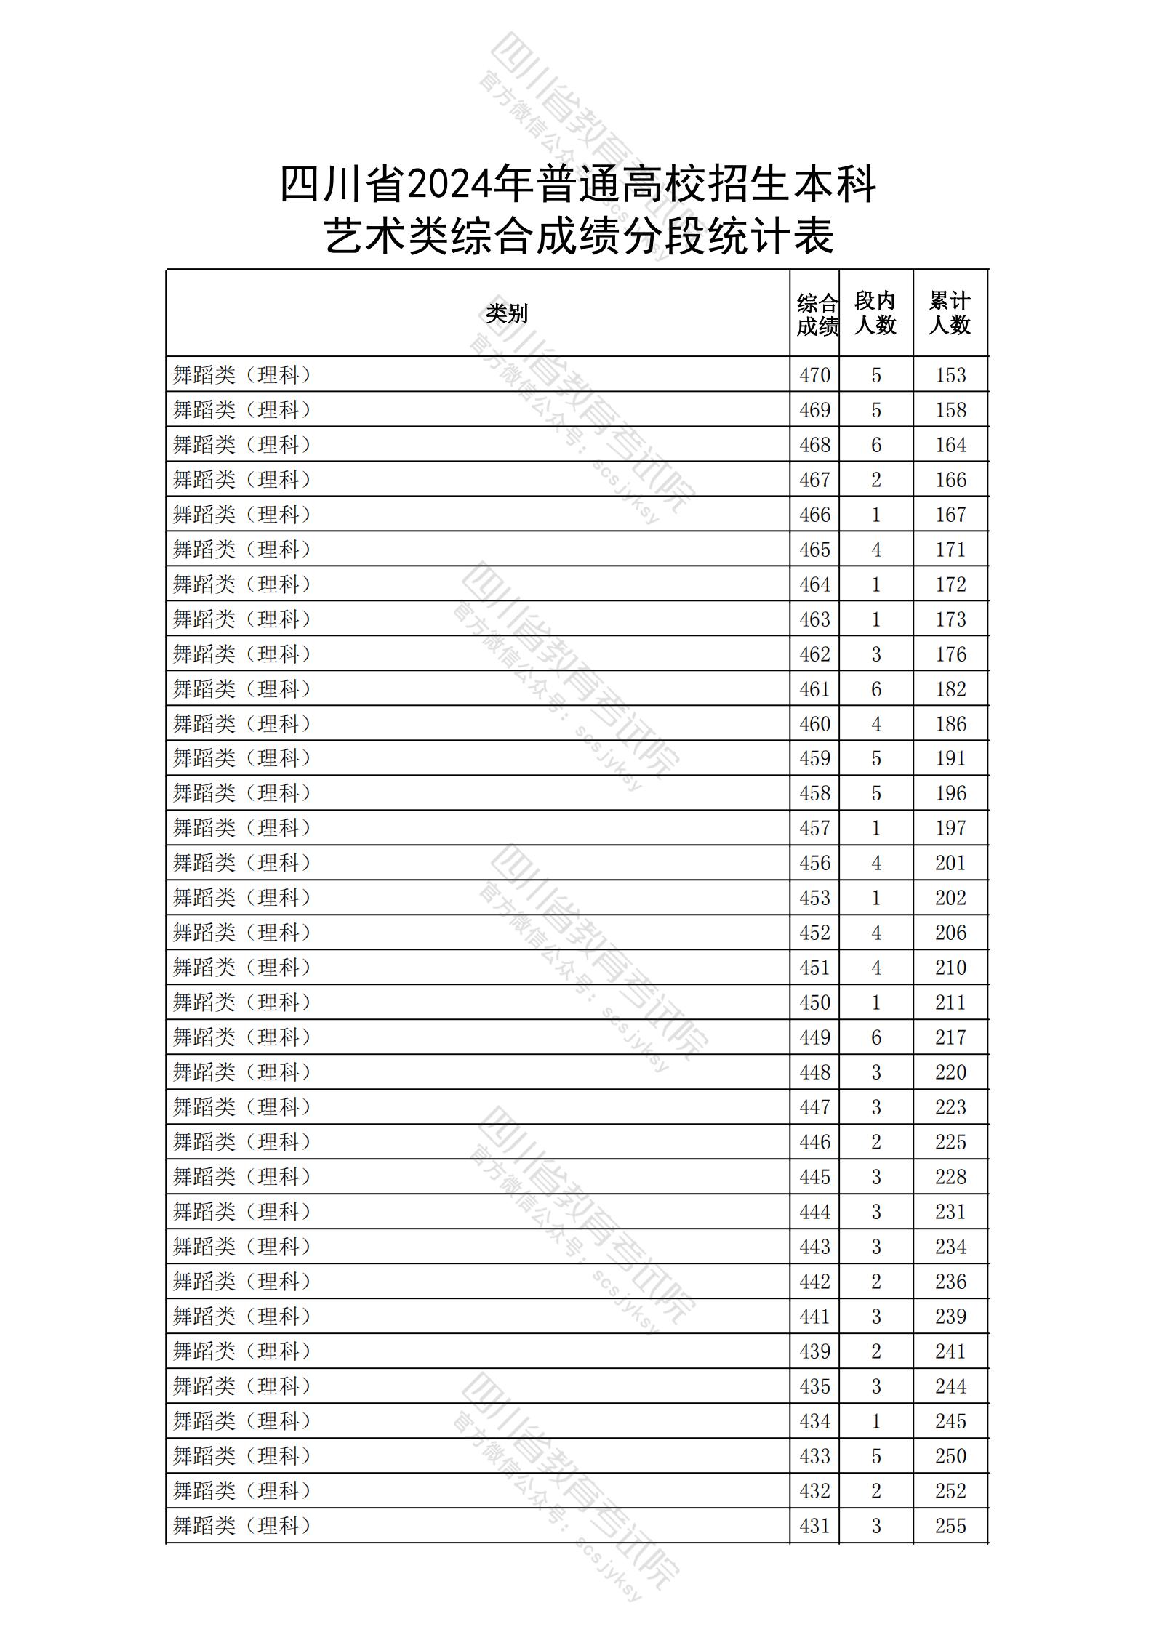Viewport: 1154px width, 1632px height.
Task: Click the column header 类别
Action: [x=507, y=314]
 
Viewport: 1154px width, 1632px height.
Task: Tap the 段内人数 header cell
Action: [x=875, y=313]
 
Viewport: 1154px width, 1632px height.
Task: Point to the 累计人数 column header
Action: [x=950, y=313]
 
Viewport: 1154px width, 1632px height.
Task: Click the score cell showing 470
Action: [x=814, y=375]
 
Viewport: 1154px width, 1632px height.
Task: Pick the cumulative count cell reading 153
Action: [x=950, y=375]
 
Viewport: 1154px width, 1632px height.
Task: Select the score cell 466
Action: [x=814, y=515]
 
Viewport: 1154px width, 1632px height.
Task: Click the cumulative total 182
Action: [x=950, y=689]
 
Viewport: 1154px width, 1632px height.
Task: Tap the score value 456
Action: [x=814, y=863]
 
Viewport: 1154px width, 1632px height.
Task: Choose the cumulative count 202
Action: [x=950, y=898]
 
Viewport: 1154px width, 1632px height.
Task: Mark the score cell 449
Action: [x=814, y=1037]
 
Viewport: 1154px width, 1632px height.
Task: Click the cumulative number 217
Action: [x=950, y=1037]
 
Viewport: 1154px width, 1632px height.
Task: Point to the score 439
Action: [x=814, y=1351]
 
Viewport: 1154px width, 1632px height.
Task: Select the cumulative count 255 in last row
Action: [x=950, y=1526]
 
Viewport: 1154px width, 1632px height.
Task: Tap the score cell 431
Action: [x=814, y=1526]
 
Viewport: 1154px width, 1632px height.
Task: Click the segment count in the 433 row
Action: [x=875, y=1456]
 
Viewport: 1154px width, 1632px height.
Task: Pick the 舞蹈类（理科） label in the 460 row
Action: [x=242, y=724]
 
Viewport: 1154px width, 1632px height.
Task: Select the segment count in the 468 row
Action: [x=875, y=445]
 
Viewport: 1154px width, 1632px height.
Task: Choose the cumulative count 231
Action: [x=950, y=1212]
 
